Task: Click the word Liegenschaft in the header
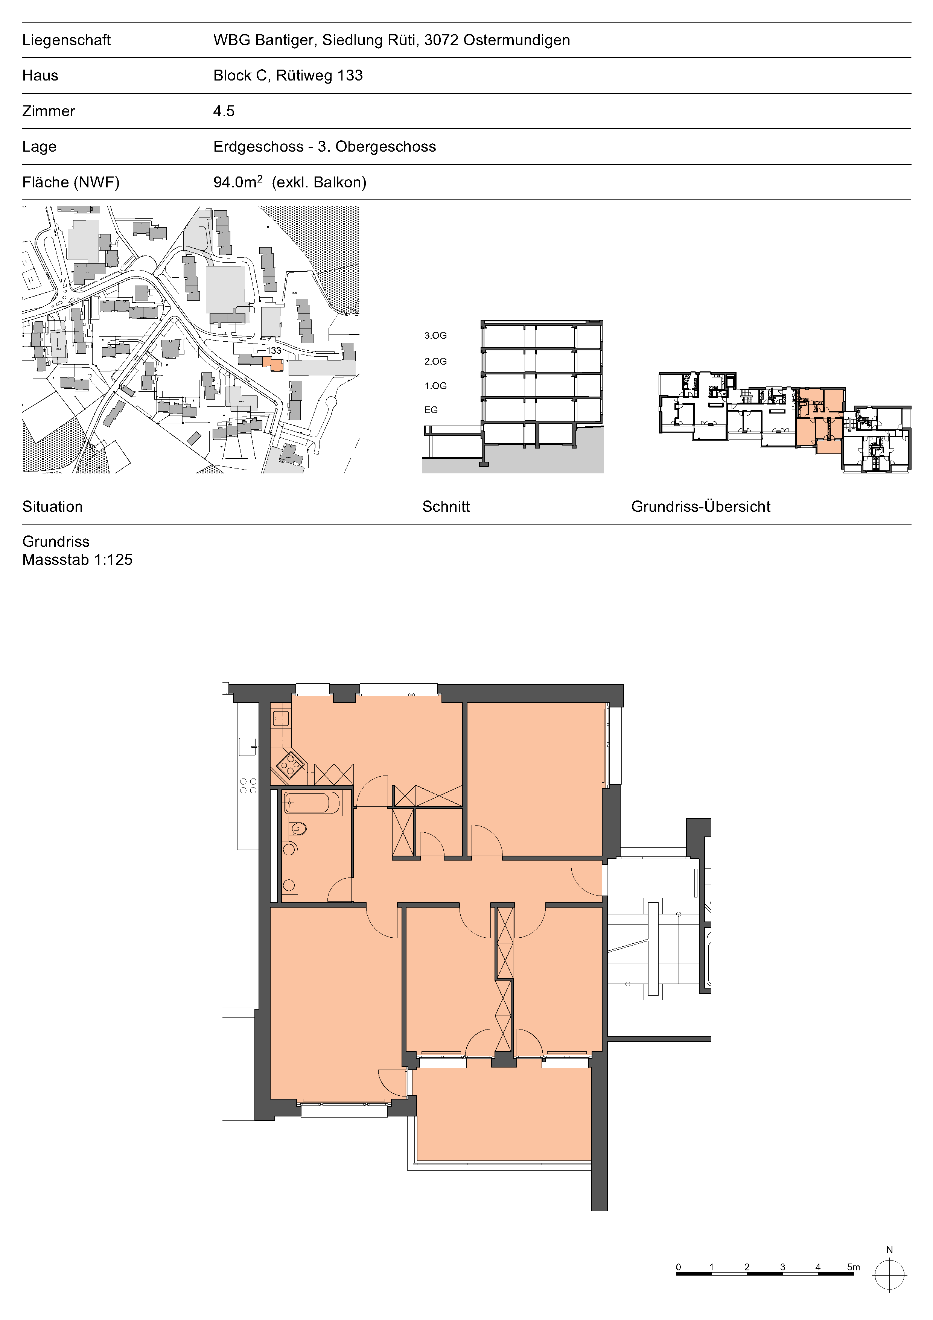coord(66,40)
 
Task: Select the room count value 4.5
coord(224,111)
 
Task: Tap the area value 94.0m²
coord(238,182)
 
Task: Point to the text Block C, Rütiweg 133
coord(288,75)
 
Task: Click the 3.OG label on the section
coord(435,335)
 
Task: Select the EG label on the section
coord(431,410)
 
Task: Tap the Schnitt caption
coord(446,506)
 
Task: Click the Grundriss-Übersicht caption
coord(701,506)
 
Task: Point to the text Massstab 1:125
coord(78,560)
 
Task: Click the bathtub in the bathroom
coord(307,802)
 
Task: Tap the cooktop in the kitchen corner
coord(290,765)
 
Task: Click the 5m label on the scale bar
coord(854,1267)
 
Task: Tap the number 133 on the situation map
coord(274,350)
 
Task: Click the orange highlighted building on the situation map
coord(273,363)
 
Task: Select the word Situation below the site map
coord(52,506)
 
